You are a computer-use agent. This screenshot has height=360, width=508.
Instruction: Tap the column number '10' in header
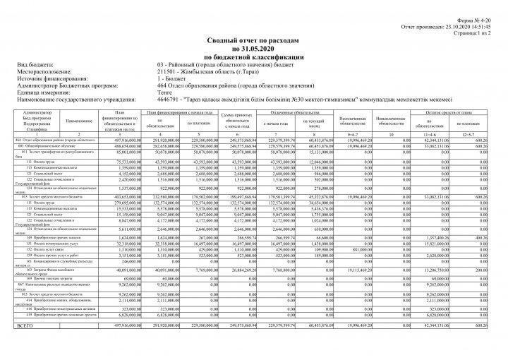pyautogui.click(x=390, y=135)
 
